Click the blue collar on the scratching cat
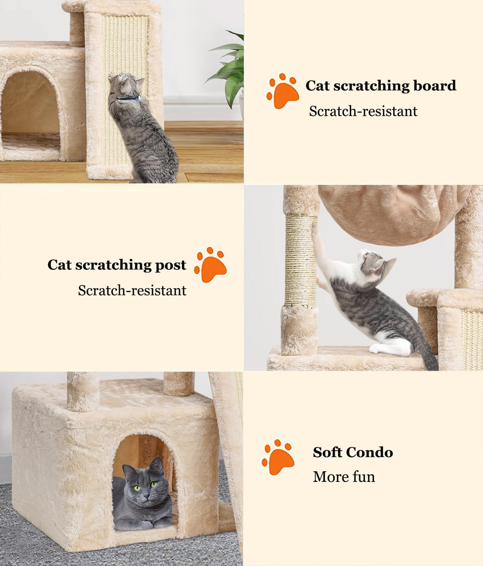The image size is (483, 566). [129, 98]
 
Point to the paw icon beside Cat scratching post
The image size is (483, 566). [210, 264]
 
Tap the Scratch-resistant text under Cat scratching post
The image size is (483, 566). [132, 290]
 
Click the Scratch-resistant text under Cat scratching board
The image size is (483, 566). [363, 111]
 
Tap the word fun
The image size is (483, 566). [363, 477]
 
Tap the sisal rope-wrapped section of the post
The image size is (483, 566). [301, 260]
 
